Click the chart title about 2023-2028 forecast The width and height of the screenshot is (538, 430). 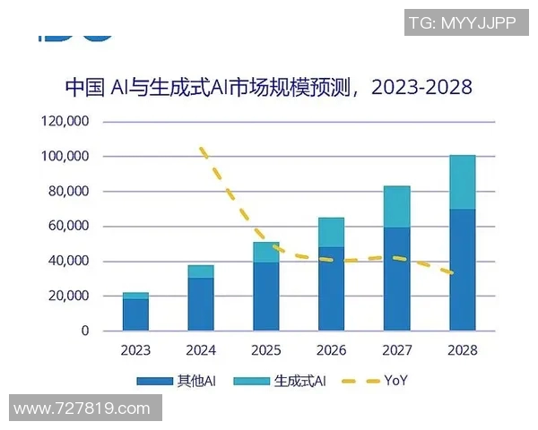[x=268, y=88]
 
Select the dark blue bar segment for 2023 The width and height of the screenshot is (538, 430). [x=135, y=314]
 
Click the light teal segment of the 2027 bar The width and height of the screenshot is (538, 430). [x=396, y=207]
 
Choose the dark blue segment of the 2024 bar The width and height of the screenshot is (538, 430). [x=201, y=304]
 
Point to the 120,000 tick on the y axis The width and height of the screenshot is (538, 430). [x=65, y=121]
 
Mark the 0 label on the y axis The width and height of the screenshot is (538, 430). [x=84, y=331]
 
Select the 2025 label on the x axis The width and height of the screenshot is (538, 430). [x=265, y=350]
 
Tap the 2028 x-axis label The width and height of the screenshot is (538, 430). [x=462, y=350]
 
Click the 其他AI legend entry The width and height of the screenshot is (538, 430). [x=176, y=381]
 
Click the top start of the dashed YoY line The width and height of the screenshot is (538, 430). [x=202, y=148]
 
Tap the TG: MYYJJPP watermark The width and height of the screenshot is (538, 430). [x=462, y=23]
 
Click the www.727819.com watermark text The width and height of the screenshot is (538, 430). [x=82, y=408]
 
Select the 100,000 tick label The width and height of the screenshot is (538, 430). [x=65, y=156]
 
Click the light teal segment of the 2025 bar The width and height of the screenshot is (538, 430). [x=265, y=252]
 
